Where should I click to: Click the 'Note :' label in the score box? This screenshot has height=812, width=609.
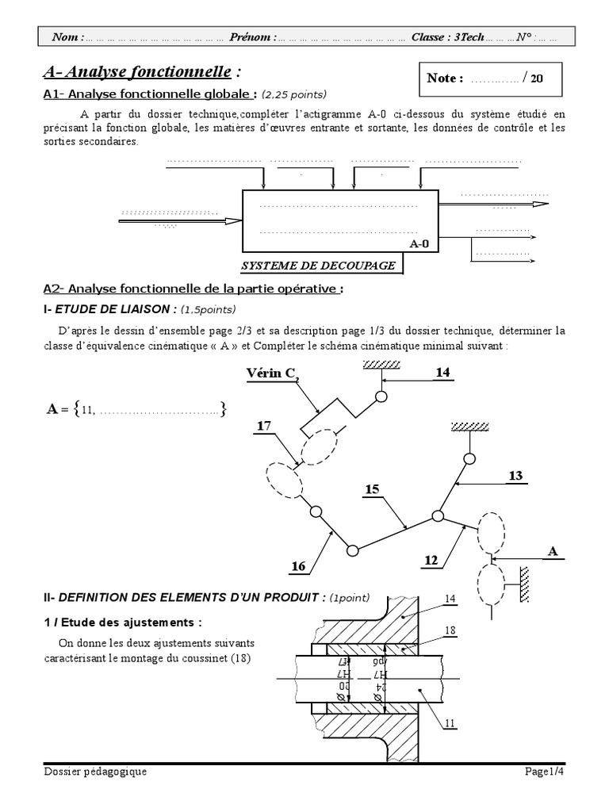tap(445, 78)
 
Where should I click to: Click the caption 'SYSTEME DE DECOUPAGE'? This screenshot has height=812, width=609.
tap(317, 266)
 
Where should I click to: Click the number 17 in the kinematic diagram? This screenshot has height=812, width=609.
tap(263, 426)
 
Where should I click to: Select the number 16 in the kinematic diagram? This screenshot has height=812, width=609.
tap(298, 566)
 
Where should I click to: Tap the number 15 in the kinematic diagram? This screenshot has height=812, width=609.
tap(372, 490)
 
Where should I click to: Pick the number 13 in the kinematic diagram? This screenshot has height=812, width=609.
tap(515, 475)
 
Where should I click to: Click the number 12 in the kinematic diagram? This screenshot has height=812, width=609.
tap(431, 561)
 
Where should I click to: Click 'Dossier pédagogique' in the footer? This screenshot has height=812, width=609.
tap(95, 772)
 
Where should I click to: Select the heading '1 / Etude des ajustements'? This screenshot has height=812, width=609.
tap(122, 622)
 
